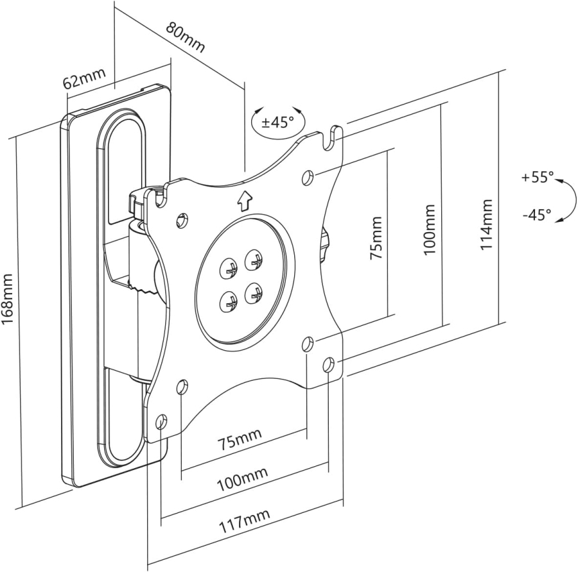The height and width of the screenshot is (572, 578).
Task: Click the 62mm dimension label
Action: (x=83, y=81)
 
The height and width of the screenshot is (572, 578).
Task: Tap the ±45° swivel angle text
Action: (x=277, y=122)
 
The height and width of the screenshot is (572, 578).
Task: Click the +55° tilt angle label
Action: (x=537, y=178)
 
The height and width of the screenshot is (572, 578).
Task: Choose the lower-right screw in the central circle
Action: (x=255, y=294)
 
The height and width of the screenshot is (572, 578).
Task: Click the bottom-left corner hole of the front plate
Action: (x=161, y=422)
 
